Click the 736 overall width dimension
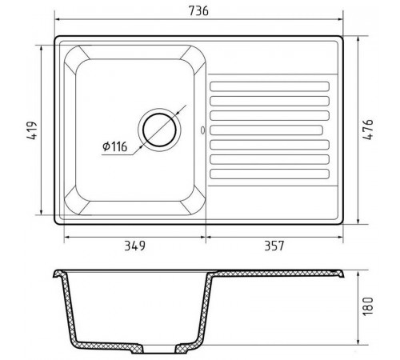[x=198, y=11]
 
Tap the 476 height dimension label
[x=368, y=130]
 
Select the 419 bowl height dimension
[x=32, y=130]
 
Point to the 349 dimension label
[x=135, y=246]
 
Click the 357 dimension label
[x=274, y=246]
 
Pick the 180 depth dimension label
[x=368, y=306]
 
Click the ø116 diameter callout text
[x=115, y=146]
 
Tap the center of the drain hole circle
[x=159, y=130]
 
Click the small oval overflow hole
[x=203, y=130]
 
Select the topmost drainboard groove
[x=270, y=86]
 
